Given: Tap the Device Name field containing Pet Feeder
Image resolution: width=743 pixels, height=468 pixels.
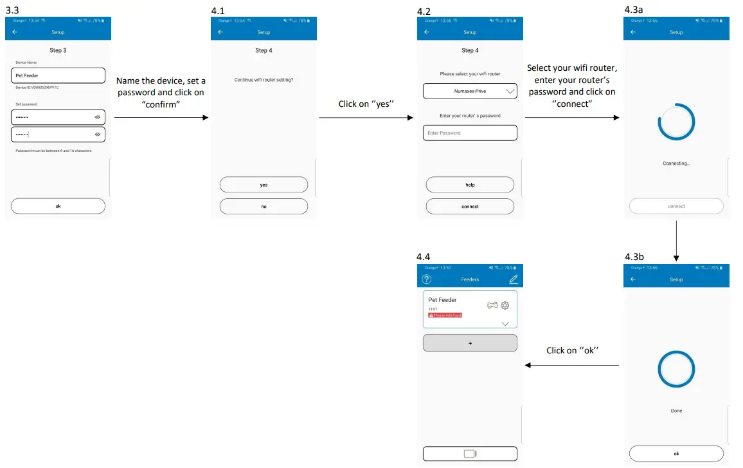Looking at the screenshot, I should tap(58, 76).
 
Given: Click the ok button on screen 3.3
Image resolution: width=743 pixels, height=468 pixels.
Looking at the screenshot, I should tap(58, 206).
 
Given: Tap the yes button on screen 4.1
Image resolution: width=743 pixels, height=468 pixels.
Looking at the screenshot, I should tap(264, 185).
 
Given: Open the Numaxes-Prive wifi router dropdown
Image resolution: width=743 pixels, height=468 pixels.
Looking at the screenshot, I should tap(470, 91).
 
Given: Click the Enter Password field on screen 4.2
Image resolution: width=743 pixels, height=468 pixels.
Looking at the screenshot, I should tap(470, 133).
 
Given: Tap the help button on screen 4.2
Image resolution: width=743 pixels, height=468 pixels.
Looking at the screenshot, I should tap(470, 185).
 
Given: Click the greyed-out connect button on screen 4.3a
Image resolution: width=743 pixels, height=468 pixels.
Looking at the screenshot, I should tap(676, 206).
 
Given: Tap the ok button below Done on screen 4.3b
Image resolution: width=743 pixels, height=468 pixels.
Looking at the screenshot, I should tap(676, 453).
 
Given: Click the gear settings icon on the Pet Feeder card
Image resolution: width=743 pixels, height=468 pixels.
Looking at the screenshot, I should tap(505, 305).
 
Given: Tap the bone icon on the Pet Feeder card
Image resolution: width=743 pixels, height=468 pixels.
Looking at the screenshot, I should tap(493, 305).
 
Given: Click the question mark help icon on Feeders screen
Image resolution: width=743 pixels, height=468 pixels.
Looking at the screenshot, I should tap(427, 279).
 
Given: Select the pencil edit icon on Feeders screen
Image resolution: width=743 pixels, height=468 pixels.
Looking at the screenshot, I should tap(513, 279).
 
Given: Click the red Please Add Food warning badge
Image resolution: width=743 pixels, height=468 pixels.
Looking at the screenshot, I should tap(445, 315).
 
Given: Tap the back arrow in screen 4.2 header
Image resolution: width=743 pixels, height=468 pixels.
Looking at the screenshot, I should tap(427, 32).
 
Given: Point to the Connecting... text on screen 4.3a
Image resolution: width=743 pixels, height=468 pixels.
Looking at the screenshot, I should tap(676, 164).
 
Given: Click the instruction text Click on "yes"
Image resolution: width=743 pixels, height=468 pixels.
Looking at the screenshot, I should tap(365, 104).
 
